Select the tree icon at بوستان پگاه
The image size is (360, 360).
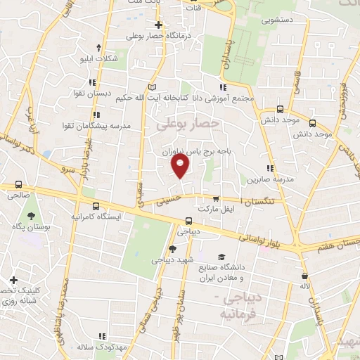click(31, 217)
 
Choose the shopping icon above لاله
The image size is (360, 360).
click(304, 276)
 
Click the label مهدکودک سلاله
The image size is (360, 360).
click(105, 347)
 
